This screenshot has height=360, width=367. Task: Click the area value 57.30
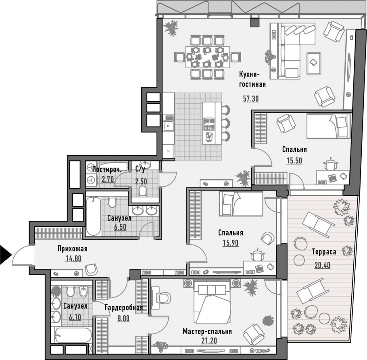point(251,98)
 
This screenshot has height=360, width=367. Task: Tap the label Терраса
point(324,252)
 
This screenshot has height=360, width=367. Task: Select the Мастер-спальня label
point(207,331)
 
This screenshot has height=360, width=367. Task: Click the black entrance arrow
point(6,254)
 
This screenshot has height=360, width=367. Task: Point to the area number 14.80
point(73,258)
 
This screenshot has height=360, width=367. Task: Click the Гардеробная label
point(123,308)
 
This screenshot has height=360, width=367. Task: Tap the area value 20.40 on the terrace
point(322,265)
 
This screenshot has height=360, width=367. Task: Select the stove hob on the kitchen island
point(209,124)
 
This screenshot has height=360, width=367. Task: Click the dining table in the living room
point(208,57)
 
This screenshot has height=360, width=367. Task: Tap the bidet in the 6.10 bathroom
point(83,291)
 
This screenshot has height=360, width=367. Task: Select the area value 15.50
point(294,161)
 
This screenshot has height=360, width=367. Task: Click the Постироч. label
point(107,170)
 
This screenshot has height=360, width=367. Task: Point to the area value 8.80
point(123,318)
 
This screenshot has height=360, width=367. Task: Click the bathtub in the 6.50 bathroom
point(94,216)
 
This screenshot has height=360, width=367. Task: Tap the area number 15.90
point(231,243)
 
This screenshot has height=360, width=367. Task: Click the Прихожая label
point(73,248)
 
